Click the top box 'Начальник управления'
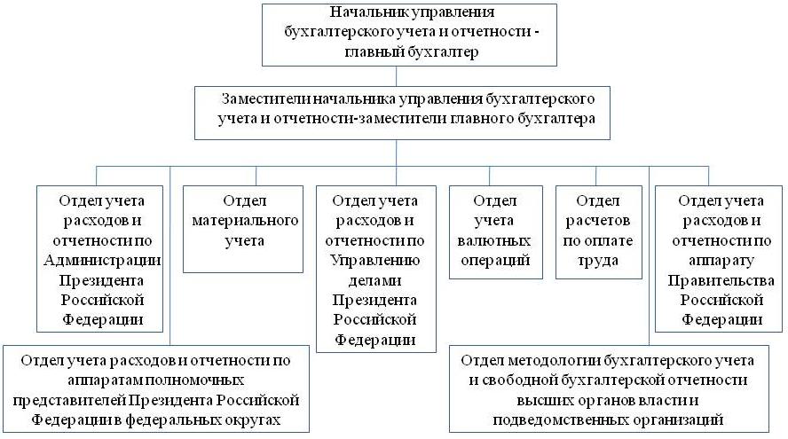coord(409,35)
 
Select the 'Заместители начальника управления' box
coord(402,113)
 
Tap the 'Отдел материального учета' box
coord(243,229)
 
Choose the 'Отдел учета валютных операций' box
coord(495,232)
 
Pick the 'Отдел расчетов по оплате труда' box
coord(598,232)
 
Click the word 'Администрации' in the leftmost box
coord(103,260)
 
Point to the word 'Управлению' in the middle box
coord(374,261)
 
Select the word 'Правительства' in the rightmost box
coord(721,280)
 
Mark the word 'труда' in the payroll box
coord(597,261)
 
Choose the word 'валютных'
coord(493,240)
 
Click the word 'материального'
coord(245,221)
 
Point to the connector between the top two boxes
coord(396,76)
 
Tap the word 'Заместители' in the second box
coord(266,98)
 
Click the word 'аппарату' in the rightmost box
coord(721,261)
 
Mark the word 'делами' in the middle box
coord(374,280)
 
